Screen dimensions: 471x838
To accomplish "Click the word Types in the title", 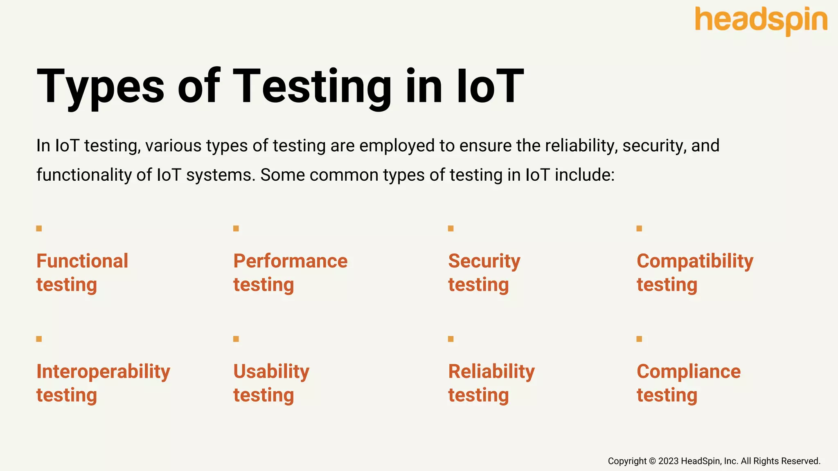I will (100, 87).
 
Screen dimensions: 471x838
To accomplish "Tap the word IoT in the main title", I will (490, 87).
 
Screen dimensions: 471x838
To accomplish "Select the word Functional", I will (82, 261).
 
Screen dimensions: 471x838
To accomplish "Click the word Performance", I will (290, 261).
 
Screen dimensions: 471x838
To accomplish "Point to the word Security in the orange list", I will (484, 261).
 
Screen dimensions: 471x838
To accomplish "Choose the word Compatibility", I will (695, 261).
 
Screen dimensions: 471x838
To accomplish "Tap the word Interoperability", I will (103, 371).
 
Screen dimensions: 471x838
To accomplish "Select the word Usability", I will (271, 371).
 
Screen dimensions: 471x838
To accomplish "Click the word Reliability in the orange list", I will (491, 371).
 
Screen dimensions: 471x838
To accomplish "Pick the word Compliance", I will (689, 371).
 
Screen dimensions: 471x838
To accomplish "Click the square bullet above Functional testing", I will (39, 229).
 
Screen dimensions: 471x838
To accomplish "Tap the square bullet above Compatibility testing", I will (639, 229).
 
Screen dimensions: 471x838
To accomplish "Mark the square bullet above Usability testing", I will (236, 339).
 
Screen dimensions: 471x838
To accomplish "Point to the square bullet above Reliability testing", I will (451, 339).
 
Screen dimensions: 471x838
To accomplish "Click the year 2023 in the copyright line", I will (668, 461).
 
